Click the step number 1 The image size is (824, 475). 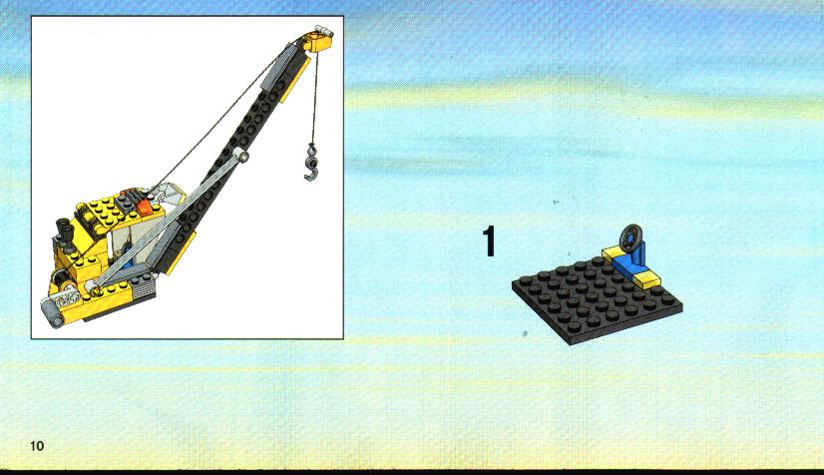point(489,241)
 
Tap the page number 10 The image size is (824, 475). point(37,446)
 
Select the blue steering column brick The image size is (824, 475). point(629,259)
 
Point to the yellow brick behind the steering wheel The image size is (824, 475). point(613,253)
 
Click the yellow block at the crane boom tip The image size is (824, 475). point(317,41)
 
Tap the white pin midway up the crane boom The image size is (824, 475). point(240,155)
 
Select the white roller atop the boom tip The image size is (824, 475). point(322,31)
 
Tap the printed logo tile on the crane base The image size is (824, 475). point(67,301)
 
